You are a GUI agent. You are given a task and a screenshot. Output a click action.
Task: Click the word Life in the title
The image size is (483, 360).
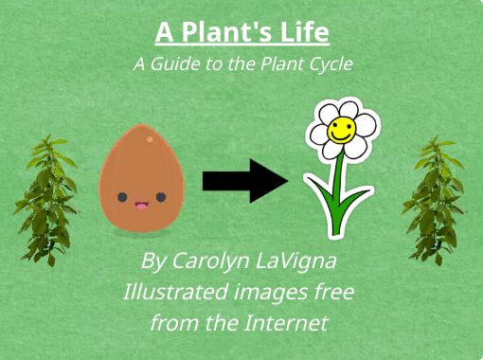pos(304,34)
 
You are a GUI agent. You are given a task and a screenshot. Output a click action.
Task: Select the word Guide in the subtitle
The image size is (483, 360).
pos(177,64)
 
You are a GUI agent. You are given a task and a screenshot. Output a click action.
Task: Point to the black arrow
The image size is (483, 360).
pos(244,180)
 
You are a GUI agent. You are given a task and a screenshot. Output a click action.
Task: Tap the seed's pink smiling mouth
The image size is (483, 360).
pos(141,203)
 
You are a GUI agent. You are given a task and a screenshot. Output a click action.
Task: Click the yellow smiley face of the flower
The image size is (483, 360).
pos(341,133)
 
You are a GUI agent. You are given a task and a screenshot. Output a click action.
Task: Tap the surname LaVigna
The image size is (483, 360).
pos(296,260)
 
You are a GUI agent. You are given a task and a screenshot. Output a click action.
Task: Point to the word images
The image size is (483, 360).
pos(268,291)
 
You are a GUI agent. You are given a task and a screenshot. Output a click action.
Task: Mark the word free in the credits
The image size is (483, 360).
pos(332,291)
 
